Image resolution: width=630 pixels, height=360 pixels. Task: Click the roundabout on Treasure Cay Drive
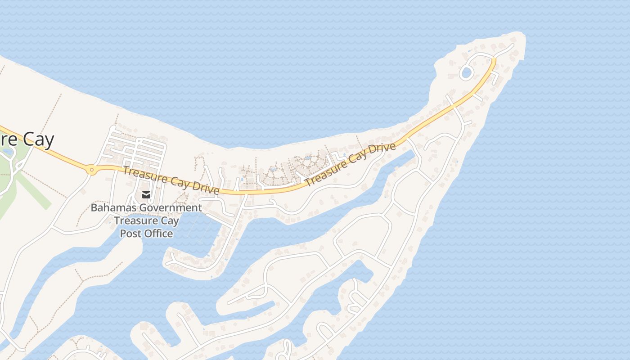click(x=92, y=170)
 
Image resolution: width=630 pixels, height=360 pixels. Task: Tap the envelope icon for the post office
click(x=146, y=195)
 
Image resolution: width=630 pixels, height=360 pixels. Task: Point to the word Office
click(x=158, y=234)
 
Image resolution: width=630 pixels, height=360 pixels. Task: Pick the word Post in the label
click(x=130, y=234)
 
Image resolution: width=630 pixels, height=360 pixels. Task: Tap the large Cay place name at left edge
click(x=38, y=139)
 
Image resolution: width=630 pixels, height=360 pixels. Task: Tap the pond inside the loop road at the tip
click(x=466, y=72)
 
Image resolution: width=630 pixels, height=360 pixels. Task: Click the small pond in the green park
click(x=7, y=152)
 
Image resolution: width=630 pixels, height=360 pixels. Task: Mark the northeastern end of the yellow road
click(x=494, y=59)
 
